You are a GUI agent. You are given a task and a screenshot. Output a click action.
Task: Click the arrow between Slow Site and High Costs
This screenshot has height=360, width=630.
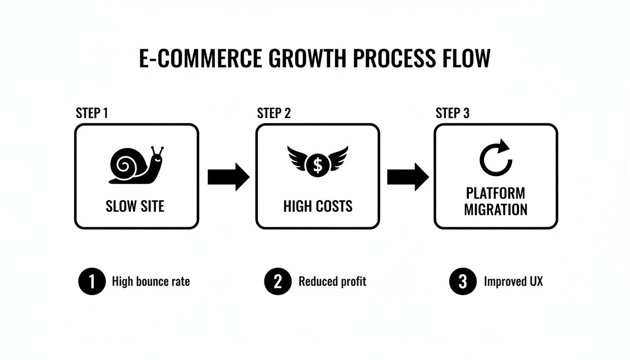tap(228, 177)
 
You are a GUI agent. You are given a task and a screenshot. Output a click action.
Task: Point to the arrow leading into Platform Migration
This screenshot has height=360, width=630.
tap(407, 177)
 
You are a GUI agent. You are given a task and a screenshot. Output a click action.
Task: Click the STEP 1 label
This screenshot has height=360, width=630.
tap(92, 113)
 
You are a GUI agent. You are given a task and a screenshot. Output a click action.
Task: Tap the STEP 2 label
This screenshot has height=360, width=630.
tap(274, 113)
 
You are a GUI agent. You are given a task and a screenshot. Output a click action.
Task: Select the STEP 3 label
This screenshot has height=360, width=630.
tap(452, 113)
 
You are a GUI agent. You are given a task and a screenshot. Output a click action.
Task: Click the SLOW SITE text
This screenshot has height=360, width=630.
tap(135, 206)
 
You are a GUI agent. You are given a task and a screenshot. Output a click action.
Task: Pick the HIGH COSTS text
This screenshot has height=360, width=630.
tap(318, 206)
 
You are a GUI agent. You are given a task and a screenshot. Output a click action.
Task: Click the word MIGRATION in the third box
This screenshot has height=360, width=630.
tap(495, 210)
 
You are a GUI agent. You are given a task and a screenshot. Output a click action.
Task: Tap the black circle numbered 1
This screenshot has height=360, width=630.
tap(92, 281)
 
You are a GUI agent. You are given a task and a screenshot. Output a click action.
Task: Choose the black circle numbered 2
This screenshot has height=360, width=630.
tap(278, 281)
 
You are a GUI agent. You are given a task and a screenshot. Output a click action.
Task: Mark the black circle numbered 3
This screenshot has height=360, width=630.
tap(463, 281)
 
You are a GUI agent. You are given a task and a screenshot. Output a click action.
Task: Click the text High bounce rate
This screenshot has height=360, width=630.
tap(151, 281)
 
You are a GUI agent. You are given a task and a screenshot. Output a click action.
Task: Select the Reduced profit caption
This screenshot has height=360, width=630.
tap(332, 281)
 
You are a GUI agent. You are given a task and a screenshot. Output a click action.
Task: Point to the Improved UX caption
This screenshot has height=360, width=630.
tap(513, 281)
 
